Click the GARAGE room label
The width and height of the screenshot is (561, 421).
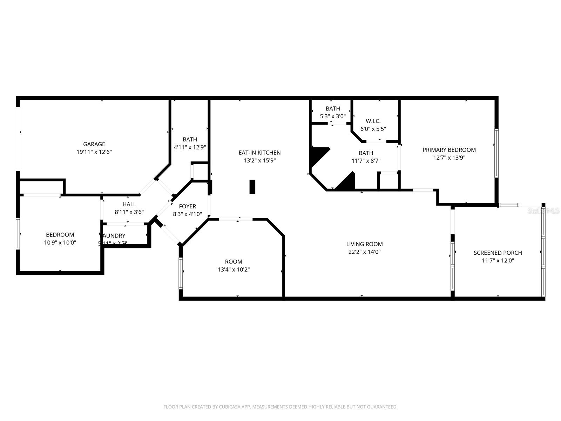[94, 144]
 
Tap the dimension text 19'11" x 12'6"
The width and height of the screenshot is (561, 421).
[94, 152]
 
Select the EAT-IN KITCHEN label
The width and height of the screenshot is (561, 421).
[259, 153]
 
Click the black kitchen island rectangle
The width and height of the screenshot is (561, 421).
[252, 187]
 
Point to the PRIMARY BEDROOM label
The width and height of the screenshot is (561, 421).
[449, 150]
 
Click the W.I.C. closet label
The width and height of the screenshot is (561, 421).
[373, 121]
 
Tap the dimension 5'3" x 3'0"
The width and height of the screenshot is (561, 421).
[333, 116]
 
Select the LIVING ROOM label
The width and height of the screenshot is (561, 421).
[364, 244]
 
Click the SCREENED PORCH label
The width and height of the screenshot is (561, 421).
[498, 253]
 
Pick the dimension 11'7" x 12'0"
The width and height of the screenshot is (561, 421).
[498, 260]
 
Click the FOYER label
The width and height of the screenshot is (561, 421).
[187, 206]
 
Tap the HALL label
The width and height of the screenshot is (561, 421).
[129, 204]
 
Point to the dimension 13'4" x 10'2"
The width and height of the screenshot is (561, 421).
[234, 269]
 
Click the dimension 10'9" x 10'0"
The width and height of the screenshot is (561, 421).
[60, 242]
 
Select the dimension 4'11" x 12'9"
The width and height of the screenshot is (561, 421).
[190, 147]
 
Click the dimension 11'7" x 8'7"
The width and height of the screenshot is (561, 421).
[366, 161]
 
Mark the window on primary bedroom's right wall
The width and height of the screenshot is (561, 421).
[496, 153]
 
